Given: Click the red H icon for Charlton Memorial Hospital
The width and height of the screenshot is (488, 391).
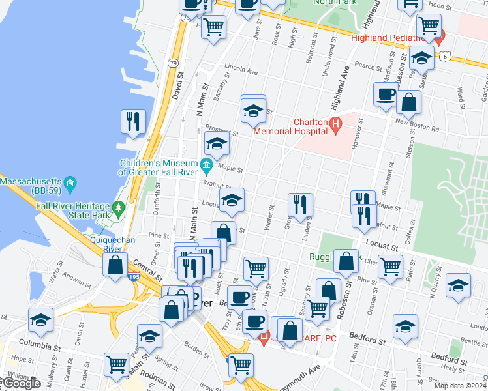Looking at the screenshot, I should pyautogui.click(x=335, y=123).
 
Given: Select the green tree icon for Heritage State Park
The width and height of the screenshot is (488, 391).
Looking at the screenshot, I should pyautogui.click(x=118, y=209).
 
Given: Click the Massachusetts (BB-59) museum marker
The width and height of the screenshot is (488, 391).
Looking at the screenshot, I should pyautogui.click(x=71, y=182).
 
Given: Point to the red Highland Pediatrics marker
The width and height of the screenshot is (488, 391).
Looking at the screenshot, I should pyautogui.click(x=442, y=34).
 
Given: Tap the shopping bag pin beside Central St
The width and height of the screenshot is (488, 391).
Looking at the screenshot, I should pyautogui.click(x=115, y=265).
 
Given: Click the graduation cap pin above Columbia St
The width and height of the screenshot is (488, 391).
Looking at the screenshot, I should pyautogui.click(x=40, y=320).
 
